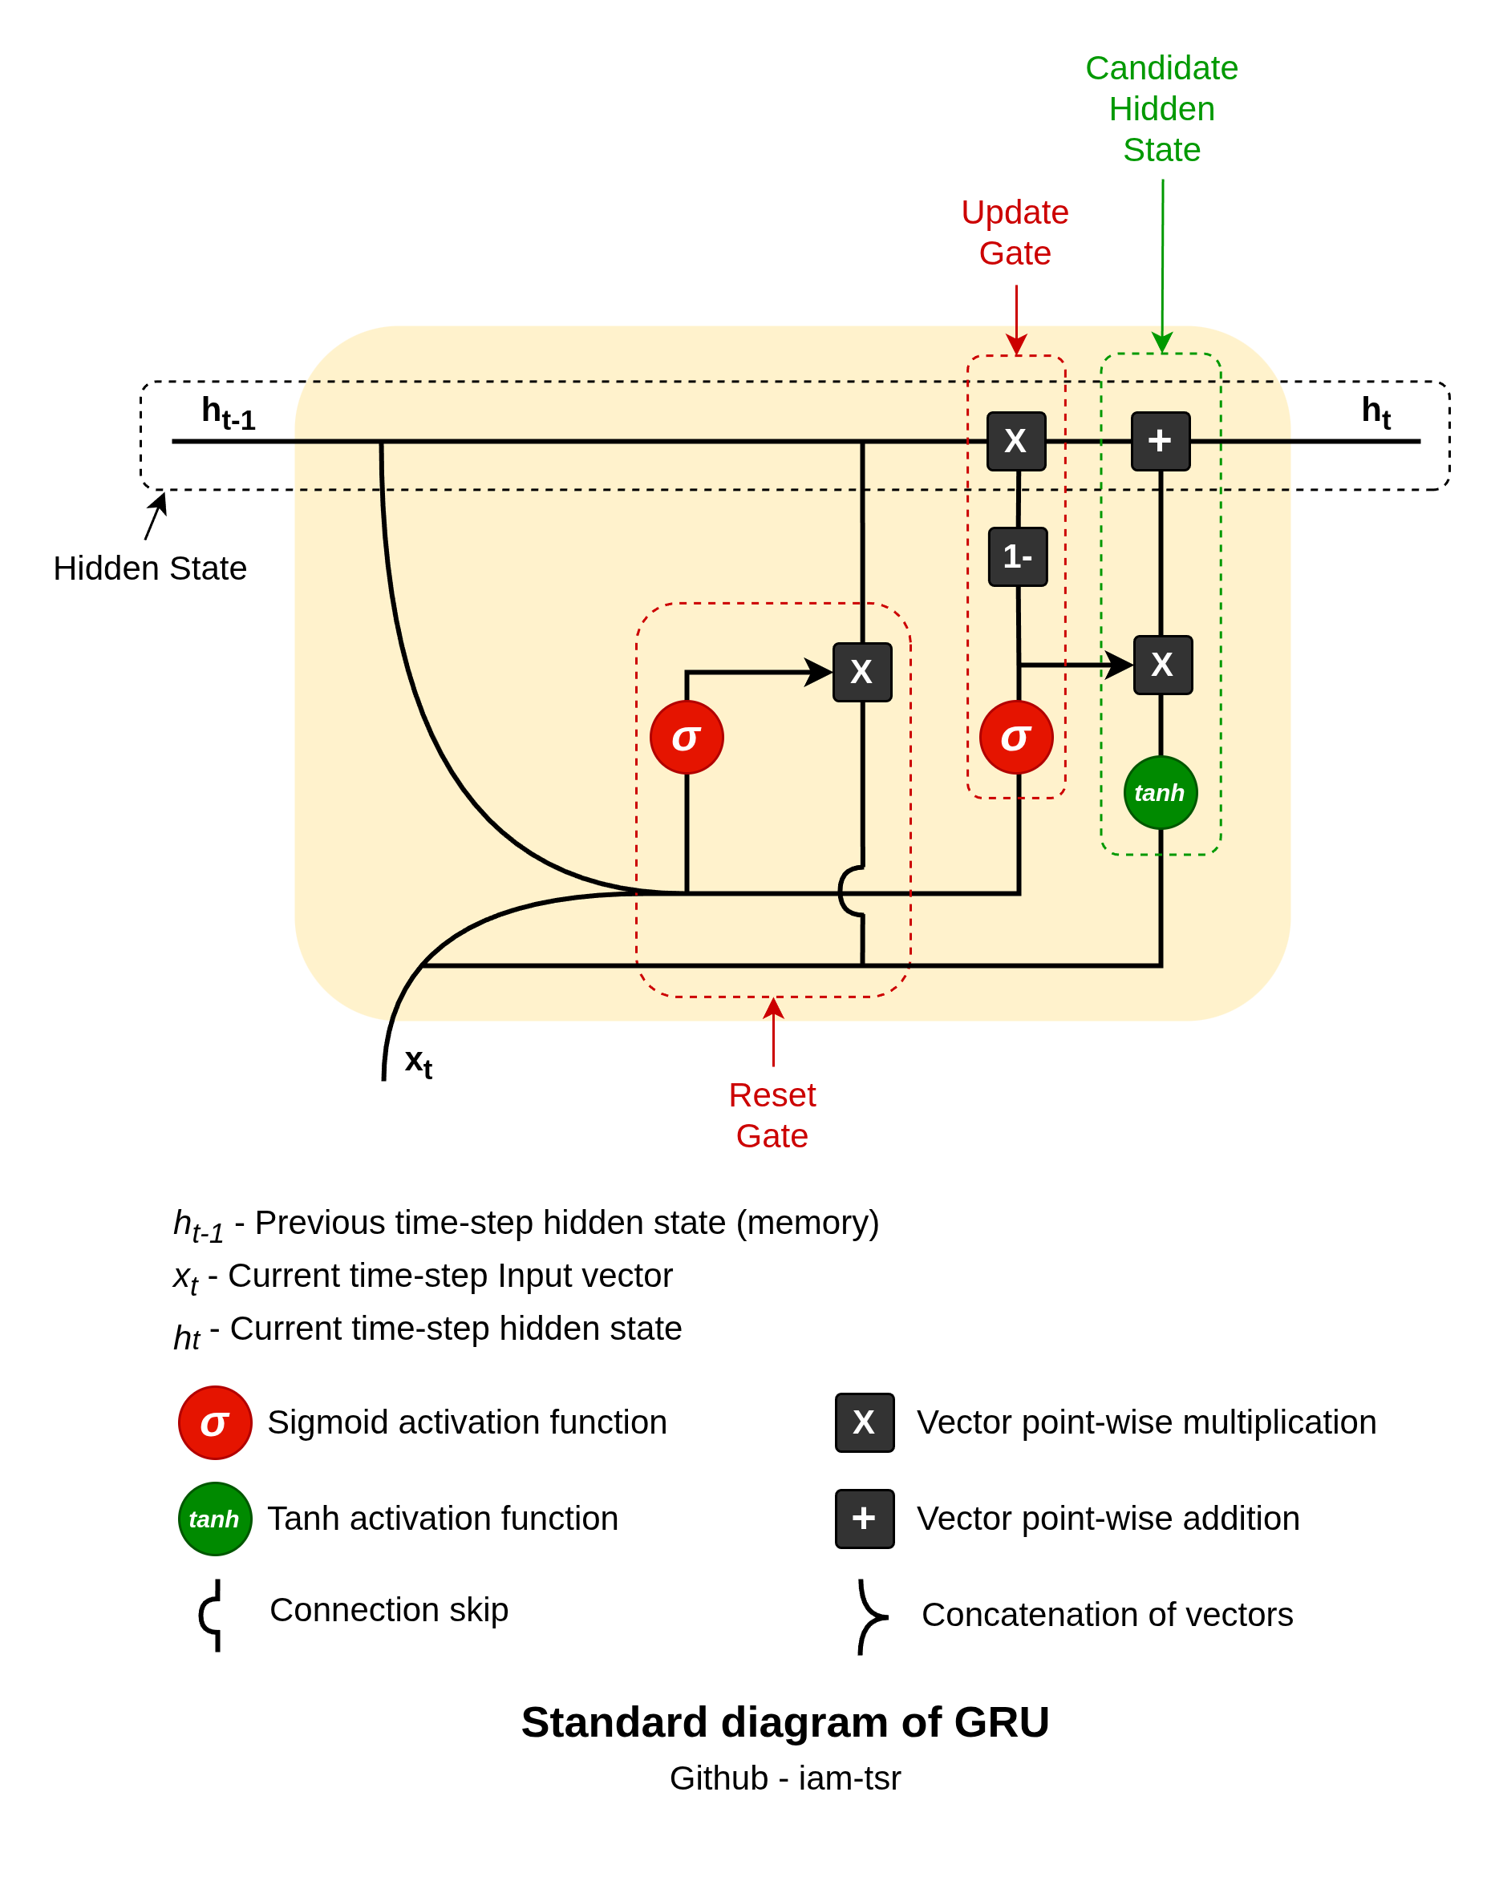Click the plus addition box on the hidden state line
pos(1160,441)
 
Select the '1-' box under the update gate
pos(1017,556)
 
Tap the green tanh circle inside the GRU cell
pos(1160,792)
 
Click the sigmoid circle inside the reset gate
pos(687,737)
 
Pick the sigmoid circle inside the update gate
pos(1015,737)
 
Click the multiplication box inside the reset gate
pos(862,672)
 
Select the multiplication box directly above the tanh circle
pos(1162,665)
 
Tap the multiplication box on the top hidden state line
pos(1015,441)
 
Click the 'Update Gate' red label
pos(1015,232)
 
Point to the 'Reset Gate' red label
pos(772,1115)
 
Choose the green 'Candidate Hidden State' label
pos(1161,109)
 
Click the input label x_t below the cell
pos(418,1062)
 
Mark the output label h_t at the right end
pos(1376,411)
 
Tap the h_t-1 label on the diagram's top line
pos(228,412)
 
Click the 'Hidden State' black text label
pos(150,568)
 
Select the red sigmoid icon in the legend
pos(215,1422)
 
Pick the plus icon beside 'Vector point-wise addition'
pos(864,1518)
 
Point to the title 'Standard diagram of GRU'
pos(784,1721)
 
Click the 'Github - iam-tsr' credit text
pos(784,1778)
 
